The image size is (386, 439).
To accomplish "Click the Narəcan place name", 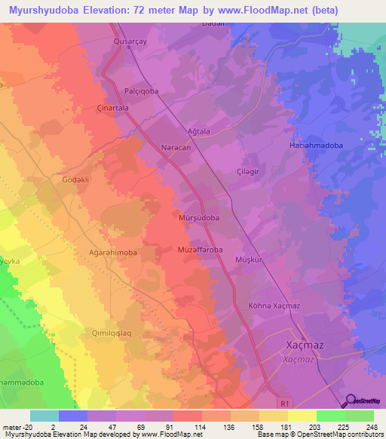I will pos(176,149).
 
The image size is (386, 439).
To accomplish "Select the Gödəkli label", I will pos(75,180).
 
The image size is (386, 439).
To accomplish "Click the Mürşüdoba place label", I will pos(199,217).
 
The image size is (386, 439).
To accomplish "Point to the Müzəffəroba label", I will pos(200,249).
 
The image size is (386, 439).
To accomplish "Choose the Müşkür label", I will pos(248,258).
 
